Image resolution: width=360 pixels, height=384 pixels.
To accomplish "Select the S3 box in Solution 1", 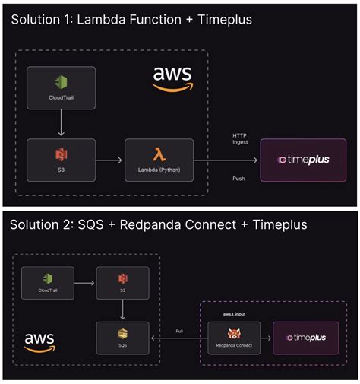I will (x=62, y=160).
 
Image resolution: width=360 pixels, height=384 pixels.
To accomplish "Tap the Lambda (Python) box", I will (x=159, y=160).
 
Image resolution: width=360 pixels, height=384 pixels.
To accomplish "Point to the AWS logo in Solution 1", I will (x=172, y=78).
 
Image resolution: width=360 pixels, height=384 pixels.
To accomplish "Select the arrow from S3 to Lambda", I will (x=110, y=160).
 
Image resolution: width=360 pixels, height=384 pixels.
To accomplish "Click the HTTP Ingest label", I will (x=239, y=139).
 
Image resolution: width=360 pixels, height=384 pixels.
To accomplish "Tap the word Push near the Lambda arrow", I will (x=238, y=179).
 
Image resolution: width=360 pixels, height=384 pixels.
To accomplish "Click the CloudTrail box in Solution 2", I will (x=48, y=283).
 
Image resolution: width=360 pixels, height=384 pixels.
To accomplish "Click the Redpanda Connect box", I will (x=234, y=338).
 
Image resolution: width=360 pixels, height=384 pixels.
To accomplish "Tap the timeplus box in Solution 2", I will (x=305, y=338).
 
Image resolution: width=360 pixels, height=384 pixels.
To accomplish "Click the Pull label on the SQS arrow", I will (x=178, y=331).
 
